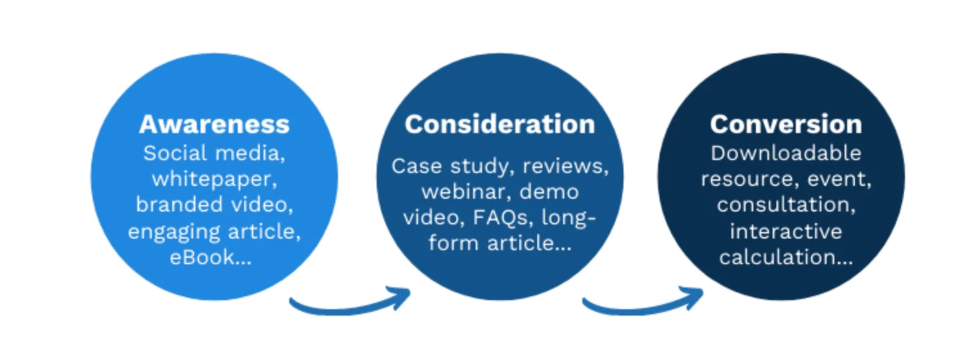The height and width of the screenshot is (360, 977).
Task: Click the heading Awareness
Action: tap(214, 124)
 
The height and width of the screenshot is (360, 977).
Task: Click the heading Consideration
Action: tap(499, 124)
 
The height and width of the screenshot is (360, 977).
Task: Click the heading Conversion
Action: tap(785, 124)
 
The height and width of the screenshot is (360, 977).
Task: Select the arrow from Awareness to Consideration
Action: tap(350, 303)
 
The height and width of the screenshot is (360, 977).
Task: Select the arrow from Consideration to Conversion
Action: tap(643, 303)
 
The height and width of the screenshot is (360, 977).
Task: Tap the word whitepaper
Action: tap(214, 179)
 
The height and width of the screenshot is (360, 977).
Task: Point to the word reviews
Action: tap(564, 166)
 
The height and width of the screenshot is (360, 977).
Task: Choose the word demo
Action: tap(549, 192)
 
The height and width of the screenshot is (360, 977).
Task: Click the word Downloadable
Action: tap(785, 153)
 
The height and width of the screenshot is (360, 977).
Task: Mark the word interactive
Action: tap(785, 231)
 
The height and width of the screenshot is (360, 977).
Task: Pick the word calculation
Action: tap(776, 257)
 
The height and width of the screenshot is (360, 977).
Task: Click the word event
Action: tap(836, 179)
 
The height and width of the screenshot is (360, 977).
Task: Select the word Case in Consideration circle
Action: tap(411, 166)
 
